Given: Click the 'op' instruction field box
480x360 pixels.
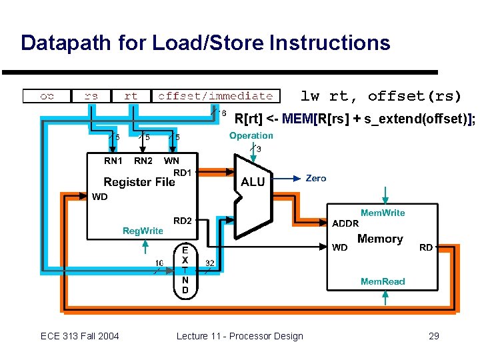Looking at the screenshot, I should point(47,96).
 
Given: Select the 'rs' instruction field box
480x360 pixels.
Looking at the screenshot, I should point(91,96).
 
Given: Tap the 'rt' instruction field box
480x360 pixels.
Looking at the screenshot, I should point(131,96).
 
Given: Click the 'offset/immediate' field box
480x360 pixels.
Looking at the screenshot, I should point(215,96).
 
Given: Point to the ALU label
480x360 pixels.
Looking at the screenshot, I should point(253,181).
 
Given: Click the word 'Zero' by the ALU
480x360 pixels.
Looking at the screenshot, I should point(316,178).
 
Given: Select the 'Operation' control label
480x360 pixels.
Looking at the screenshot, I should point(251,135).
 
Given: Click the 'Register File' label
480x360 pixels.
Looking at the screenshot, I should point(139,182).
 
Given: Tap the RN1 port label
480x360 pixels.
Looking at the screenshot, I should point(113,161).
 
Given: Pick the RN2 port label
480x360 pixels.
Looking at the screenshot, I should point(143,161).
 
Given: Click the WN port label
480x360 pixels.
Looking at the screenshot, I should point(171,161).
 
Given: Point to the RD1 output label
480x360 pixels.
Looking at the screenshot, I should point(183,173).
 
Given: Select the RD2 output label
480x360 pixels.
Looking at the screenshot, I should point(183,221).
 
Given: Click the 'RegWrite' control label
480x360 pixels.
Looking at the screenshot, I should point(143,231).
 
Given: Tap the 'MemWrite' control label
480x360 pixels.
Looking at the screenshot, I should point(383,213).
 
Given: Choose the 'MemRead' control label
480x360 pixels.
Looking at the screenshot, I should point(383,281).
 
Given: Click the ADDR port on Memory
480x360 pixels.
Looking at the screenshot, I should point(345,224).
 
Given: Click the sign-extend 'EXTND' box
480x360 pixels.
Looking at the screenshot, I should point(185,270).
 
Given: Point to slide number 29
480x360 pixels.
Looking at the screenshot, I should point(434,336).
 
